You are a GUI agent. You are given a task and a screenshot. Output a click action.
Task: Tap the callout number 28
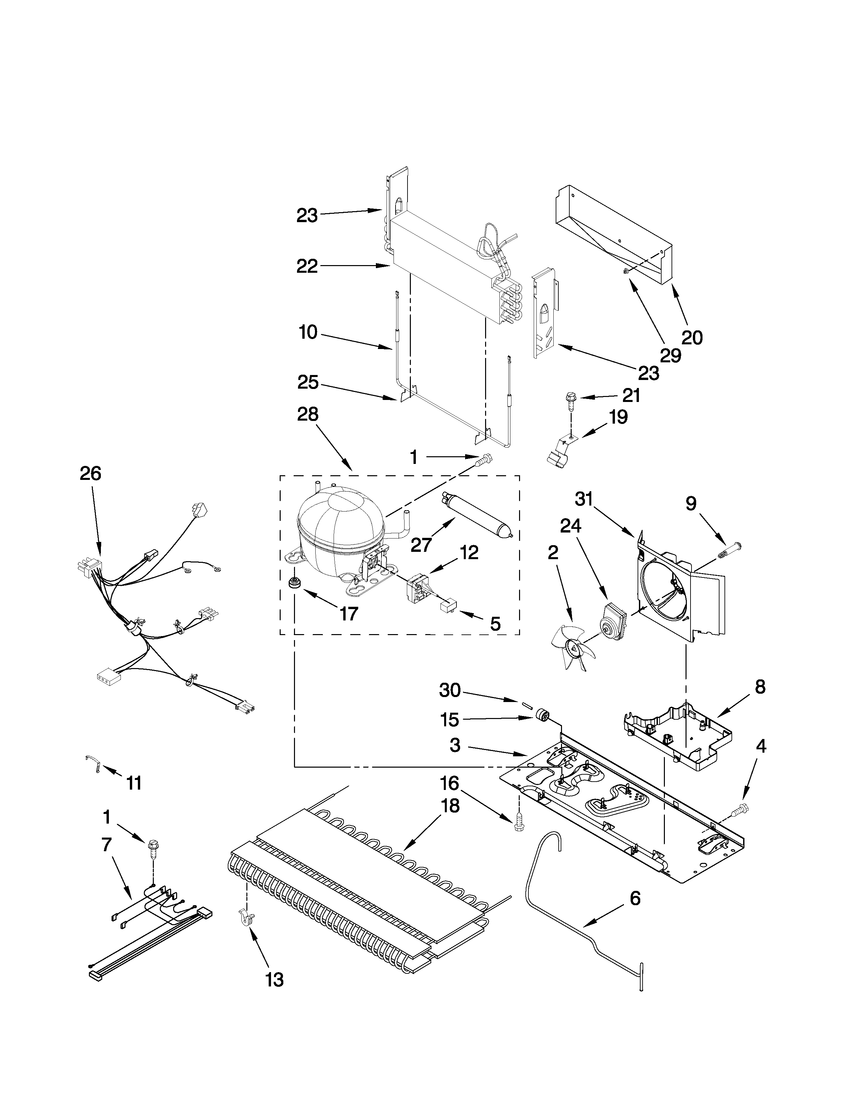coord(308,414)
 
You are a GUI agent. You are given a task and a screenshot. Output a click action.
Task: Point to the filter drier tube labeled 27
coord(476,517)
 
